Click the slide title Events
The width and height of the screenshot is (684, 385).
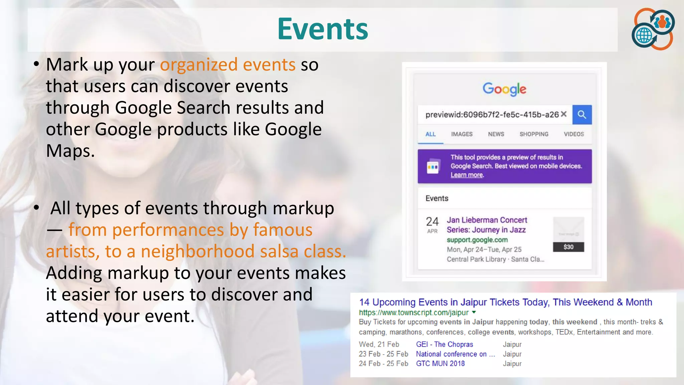[322, 29]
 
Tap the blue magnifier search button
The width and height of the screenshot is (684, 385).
[582, 115]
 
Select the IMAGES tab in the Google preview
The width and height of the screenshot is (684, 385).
[462, 134]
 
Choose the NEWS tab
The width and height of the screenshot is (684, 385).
[496, 134]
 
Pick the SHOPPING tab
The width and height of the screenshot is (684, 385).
[534, 134]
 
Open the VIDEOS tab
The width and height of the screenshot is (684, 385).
[574, 134]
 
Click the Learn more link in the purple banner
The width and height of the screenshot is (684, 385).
[467, 175]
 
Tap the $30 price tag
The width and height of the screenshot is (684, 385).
[568, 247]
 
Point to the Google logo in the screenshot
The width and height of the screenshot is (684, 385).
[504, 89]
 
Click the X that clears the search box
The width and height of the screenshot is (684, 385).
[564, 114]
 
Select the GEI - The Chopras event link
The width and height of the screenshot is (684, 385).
[444, 344]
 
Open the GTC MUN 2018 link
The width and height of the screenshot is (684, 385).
[440, 364]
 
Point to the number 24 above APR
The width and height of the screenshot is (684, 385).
[432, 221]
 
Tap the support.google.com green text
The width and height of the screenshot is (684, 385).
[477, 240]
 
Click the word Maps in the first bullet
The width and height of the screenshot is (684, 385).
[70, 151]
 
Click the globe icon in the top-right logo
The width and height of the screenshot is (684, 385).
[644, 35]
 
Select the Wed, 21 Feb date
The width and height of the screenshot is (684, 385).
[379, 344]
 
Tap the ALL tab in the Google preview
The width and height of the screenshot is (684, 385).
[430, 134]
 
